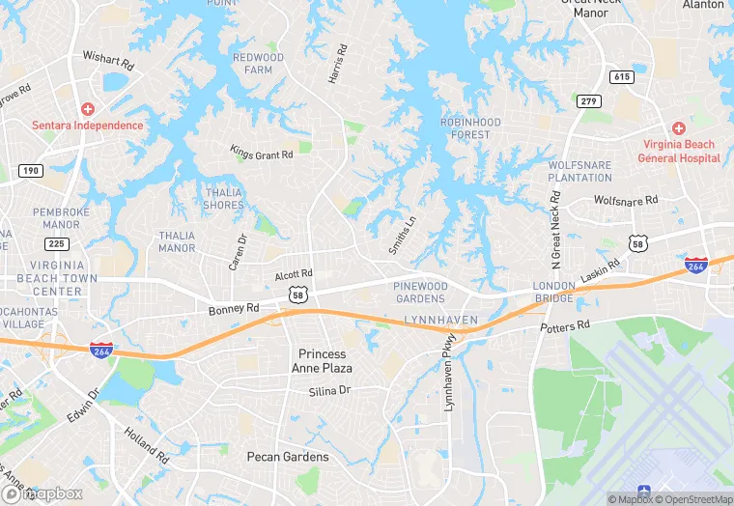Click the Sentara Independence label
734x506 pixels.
click(87, 126)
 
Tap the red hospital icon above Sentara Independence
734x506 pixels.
click(87, 109)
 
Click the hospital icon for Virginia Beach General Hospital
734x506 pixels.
click(679, 128)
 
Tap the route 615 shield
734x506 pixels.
click(621, 76)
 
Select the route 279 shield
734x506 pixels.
click(588, 101)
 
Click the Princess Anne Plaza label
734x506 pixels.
click(324, 361)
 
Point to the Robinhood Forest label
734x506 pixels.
click(470, 128)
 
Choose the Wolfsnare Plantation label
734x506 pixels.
click(579, 172)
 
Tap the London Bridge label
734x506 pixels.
click(554, 293)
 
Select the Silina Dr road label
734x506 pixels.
click(329, 391)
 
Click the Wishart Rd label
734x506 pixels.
click(107, 60)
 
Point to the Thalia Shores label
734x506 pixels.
click(223, 198)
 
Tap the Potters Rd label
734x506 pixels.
click(564, 327)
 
